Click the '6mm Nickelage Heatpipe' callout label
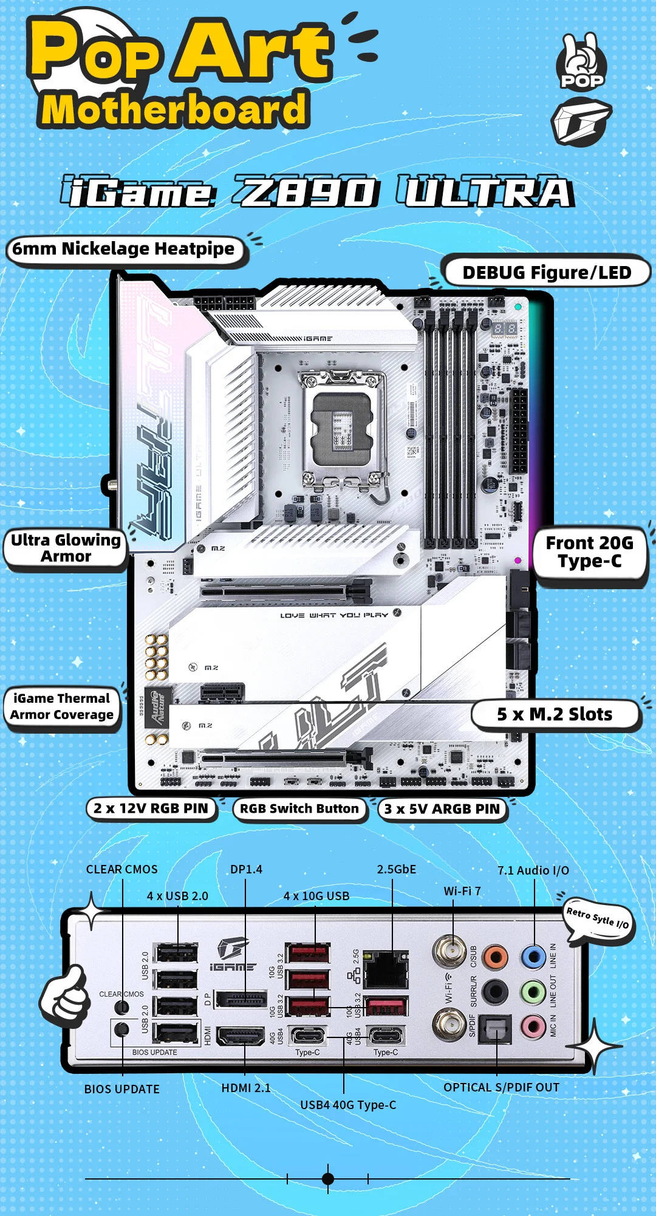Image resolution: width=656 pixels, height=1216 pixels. pos(124,249)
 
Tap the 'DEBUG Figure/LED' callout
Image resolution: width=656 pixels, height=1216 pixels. pos(547,273)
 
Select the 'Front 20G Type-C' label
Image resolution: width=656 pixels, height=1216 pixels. pos(589,552)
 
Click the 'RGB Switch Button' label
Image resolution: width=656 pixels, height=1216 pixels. pos(299,808)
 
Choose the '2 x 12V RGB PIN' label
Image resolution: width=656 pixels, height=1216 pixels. pos(151,808)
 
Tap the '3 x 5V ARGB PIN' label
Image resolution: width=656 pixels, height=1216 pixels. pos(442,809)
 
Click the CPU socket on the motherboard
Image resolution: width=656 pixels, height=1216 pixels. pos(343,423)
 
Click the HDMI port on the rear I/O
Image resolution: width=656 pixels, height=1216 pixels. pos(241,1036)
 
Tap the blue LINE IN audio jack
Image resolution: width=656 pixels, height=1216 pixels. pos(533,957)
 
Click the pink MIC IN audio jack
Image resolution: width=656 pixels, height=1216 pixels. pos(533,1026)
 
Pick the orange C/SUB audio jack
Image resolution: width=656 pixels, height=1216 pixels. pos(495,957)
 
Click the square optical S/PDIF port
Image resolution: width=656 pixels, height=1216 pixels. pos(496,1028)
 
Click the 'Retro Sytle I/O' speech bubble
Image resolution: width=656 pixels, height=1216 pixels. pos(598,918)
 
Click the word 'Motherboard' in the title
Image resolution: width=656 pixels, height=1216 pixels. pos(174,109)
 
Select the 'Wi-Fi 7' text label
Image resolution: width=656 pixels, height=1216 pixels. pos(462,891)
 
